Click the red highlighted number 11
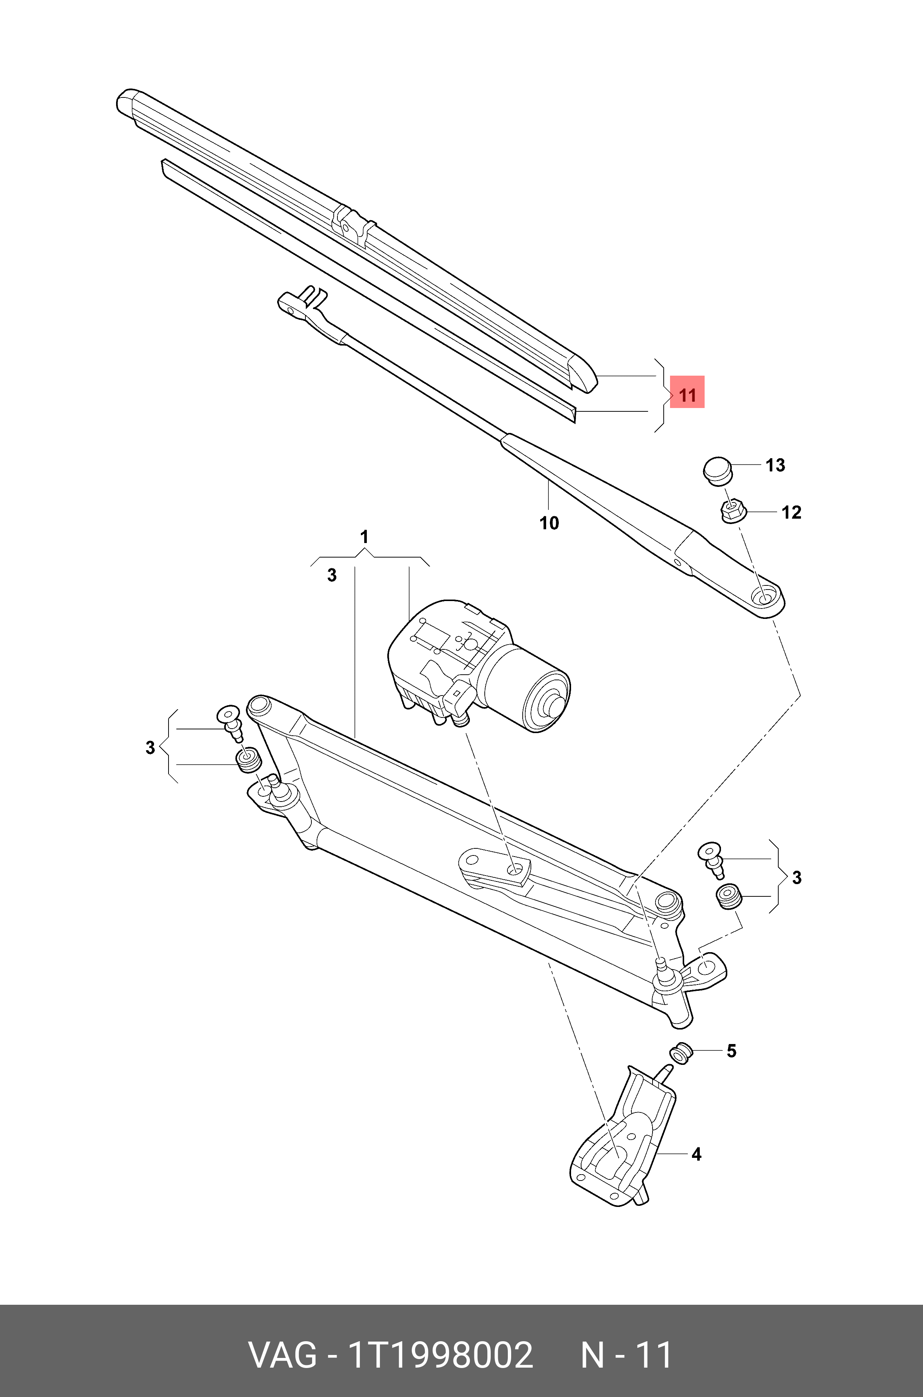tap(687, 395)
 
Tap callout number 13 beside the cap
tap(775, 465)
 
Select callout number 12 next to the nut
tap(791, 513)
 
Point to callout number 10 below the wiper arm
tap(549, 523)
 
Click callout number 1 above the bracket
tap(364, 537)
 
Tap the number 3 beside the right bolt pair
tap(797, 878)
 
